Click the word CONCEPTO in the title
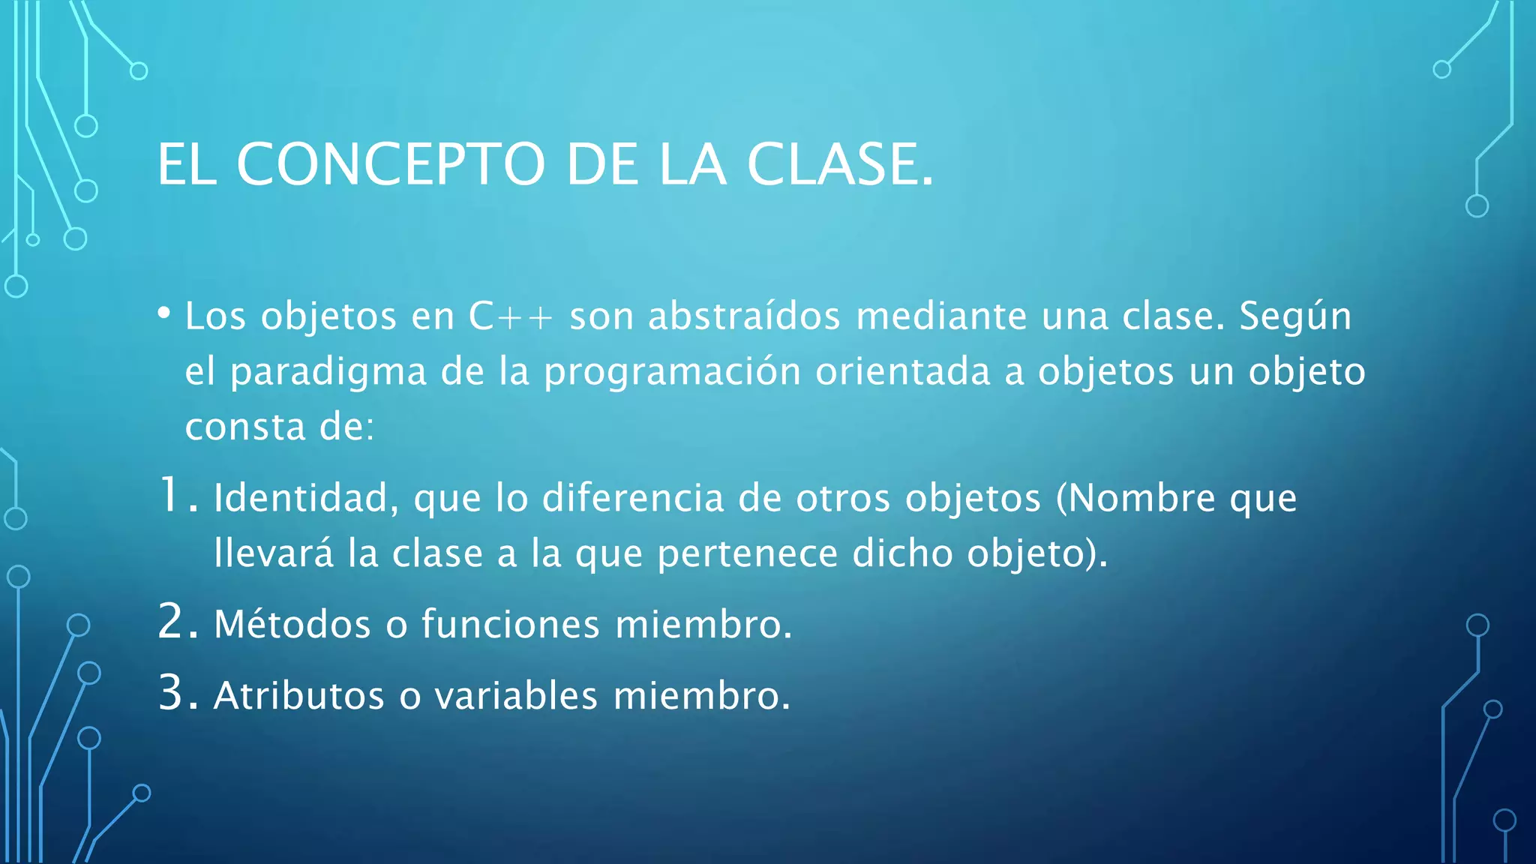point(390,164)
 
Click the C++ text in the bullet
point(510,316)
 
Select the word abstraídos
point(744,316)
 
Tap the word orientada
point(903,372)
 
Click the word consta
point(245,428)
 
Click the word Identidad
point(305,498)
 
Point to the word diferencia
point(633,498)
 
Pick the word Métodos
point(292,624)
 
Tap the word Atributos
point(298,695)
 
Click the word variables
point(516,695)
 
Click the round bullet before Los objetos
point(164,313)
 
